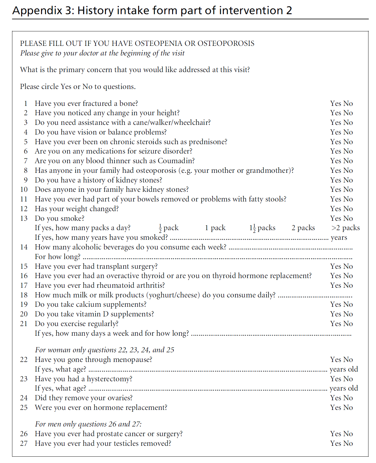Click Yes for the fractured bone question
point(335,103)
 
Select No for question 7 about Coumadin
point(348,161)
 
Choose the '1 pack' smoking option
point(215,228)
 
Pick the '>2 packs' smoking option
point(345,228)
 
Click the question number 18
point(24,295)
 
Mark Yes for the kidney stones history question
point(335,180)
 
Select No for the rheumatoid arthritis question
point(348,285)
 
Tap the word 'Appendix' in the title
point(37,11)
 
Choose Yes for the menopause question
point(335,360)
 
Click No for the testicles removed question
point(348,443)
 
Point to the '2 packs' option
point(303,228)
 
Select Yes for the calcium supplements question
point(335,304)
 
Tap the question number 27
point(24,443)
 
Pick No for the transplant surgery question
point(348,266)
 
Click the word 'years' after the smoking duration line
point(339,238)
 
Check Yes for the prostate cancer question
point(335,434)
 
